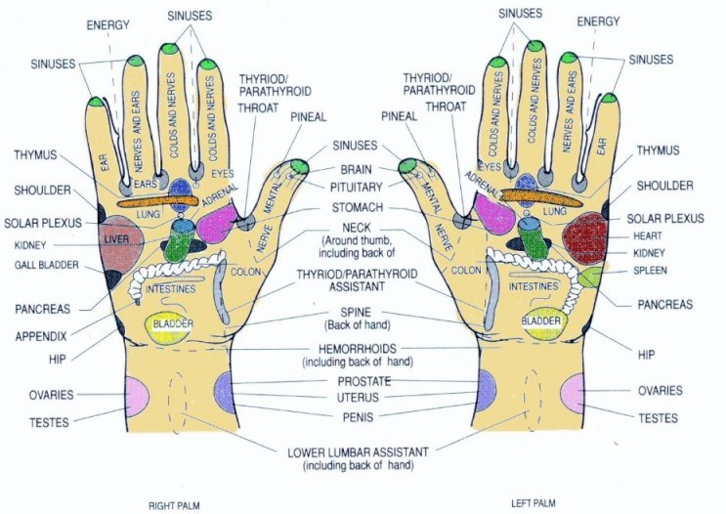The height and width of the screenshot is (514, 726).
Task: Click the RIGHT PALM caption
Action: pos(174,505)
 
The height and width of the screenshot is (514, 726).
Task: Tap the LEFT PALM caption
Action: pos(533,503)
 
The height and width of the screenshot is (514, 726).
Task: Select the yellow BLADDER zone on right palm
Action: pos(169,328)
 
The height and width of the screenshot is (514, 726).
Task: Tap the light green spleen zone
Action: pos(590,277)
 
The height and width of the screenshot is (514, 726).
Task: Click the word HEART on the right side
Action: pos(647,236)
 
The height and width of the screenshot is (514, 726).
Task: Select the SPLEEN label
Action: pos(650,270)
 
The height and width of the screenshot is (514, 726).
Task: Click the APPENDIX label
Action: pos(41,336)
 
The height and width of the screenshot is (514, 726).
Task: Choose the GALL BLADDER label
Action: pos(46,265)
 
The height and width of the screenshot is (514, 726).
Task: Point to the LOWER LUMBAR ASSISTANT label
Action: pos(358,452)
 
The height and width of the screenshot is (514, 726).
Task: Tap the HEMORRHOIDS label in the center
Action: pos(358,348)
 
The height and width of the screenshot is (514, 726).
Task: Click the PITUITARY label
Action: pos(356,187)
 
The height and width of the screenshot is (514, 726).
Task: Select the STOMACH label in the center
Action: pos(358,207)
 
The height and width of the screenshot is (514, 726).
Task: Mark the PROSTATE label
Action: pos(363,381)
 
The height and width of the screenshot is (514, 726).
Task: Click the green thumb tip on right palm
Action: pos(299,165)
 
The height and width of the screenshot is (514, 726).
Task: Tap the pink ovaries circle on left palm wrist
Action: pos(574,393)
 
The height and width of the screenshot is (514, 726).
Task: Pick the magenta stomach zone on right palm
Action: pos(217,223)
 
